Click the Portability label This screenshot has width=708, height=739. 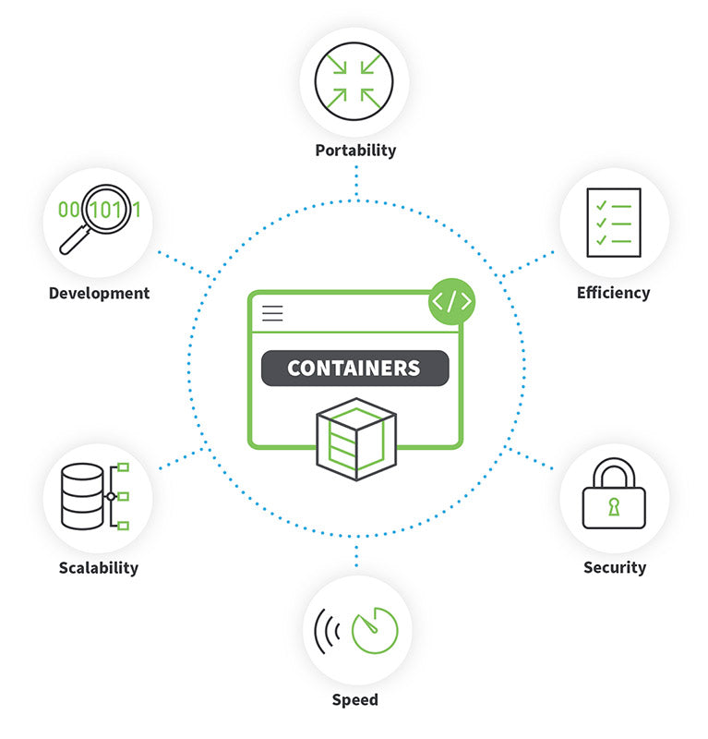[x=355, y=151]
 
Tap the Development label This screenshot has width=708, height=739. [x=99, y=294]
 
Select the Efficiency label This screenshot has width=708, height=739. [x=613, y=293]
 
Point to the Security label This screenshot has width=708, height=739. [x=614, y=567]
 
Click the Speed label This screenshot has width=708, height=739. [x=355, y=699]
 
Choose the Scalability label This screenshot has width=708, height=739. [x=99, y=567]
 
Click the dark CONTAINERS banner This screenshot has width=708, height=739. [x=354, y=368]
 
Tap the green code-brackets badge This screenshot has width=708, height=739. [x=452, y=302]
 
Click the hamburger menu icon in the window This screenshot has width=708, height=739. [x=272, y=312]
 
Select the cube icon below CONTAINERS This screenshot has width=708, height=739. [x=355, y=437]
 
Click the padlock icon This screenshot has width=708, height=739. [x=614, y=500]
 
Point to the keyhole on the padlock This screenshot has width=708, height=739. [x=614, y=507]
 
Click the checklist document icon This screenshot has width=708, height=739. [x=614, y=222]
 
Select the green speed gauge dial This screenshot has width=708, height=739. [x=374, y=630]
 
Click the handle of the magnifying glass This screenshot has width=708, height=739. [x=72, y=242]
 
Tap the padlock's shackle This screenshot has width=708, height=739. [x=614, y=473]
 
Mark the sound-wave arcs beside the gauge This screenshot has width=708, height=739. [x=326, y=630]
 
